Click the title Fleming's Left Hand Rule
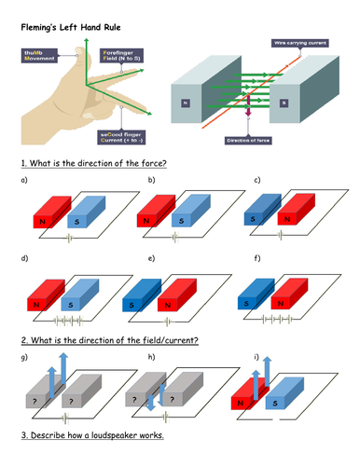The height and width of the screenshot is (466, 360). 67,27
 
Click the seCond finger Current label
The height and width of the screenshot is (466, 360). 121,135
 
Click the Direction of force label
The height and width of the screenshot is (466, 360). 248,141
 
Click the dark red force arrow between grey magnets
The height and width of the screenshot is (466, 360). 249,116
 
